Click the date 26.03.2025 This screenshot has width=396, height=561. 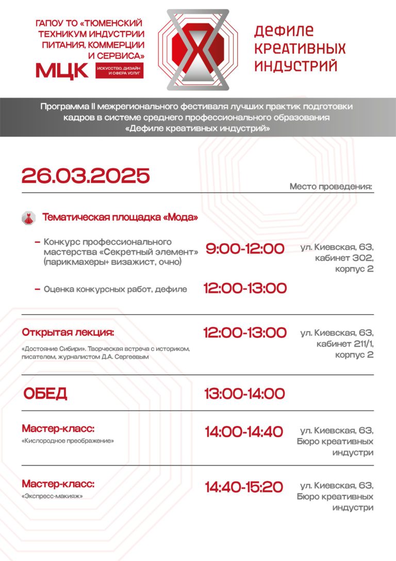pyautogui.click(x=86, y=176)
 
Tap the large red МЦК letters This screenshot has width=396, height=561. pyautogui.click(x=62, y=70)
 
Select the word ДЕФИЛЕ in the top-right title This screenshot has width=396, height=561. pyautogui.click(x=284, y=31)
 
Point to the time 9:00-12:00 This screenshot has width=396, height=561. pyautogui.click(x=245, y=249)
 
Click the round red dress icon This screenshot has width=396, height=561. pyautogui.click(x=28, y=218)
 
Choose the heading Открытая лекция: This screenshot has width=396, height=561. pyautogui.click(x=68, y=332)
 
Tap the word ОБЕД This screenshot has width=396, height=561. pyautogui.click(x=45, y=394)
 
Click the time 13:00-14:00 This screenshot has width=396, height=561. pyautogui.click(x=244, y=394)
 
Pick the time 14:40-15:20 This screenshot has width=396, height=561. pyautogui.click(x=244, y=487)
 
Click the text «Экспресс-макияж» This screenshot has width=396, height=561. pyautogui.click(x=53, y=496)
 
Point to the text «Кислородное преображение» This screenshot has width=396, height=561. pyautogui.click(x=68, y=441)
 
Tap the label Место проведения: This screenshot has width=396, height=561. pyautogui.click(x=331, y=186)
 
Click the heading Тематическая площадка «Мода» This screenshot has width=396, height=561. pyautogui.click(x=120, y=217)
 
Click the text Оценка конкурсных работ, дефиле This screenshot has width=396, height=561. pyautogui.click(x=115, y=290)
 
